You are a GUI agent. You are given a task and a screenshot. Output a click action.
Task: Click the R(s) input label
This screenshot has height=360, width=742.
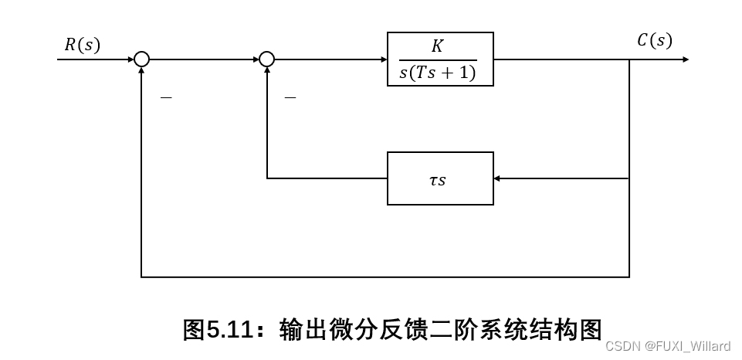pos(82,45)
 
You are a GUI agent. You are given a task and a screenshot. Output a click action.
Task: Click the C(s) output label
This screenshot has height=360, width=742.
pos(654,41)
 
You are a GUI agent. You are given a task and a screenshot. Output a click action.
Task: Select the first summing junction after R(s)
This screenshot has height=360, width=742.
pos(141,59)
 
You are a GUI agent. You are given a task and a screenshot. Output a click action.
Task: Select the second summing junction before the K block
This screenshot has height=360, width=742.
pos(266,59)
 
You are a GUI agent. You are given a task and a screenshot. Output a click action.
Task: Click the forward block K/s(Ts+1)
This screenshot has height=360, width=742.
pos(440,59)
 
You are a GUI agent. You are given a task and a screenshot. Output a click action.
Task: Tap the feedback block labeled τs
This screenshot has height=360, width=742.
pos(440,178)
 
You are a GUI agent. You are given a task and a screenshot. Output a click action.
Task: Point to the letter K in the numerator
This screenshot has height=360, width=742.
pos(437,46)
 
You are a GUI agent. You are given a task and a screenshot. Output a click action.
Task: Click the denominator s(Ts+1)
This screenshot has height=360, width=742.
pos(438,73)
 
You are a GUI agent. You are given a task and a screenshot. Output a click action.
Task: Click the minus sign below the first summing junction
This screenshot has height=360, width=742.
pos(165,98)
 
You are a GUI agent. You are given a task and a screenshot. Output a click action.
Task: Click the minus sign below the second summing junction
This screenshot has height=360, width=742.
pos(290,98)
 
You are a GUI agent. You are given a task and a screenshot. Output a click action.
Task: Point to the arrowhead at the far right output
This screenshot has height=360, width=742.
pos(684,59)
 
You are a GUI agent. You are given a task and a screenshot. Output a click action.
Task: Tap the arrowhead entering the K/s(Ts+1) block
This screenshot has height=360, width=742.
pos(382,59)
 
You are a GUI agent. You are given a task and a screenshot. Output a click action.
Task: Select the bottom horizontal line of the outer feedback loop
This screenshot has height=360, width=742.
pos(386,276)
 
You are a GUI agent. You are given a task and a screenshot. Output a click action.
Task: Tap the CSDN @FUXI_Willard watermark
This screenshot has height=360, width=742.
pos(668,346)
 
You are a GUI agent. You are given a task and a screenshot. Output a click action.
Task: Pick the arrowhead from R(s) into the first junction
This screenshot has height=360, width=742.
pos(129,59)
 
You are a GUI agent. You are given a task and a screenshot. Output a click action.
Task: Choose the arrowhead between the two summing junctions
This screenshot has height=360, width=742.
pos(254,59)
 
